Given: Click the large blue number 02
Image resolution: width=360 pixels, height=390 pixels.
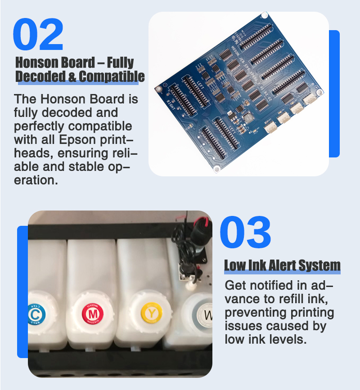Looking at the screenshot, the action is [x=38, y=34].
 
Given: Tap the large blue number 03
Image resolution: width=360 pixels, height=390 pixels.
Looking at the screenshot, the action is [x=245, y=232].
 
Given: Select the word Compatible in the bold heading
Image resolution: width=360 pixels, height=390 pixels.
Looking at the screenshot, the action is [x=112, y=76].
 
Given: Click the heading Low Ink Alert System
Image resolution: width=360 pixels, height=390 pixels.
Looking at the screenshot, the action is [x=283, y=265].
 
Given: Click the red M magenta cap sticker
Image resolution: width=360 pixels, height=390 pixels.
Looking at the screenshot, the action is [x=93, y=314].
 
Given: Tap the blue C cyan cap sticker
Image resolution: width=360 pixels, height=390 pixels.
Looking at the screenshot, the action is [x=36, y=314].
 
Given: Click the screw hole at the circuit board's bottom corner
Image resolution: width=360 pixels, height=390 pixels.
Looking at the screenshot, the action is [x=217, y=169].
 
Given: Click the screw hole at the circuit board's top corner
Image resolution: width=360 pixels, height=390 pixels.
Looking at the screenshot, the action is [x=264, y=15].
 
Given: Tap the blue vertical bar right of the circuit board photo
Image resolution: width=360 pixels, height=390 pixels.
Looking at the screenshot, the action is [x=334, y=94].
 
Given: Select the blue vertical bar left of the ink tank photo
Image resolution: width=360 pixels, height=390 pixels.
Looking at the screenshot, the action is [x=22, y=292].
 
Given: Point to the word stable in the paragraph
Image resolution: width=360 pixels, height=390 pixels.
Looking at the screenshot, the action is [x=86, y=166].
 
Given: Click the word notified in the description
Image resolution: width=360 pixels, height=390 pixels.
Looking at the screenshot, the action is [x=271, y=285].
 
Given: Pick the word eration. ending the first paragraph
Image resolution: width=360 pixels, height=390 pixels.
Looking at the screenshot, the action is [x=36, y=180].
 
